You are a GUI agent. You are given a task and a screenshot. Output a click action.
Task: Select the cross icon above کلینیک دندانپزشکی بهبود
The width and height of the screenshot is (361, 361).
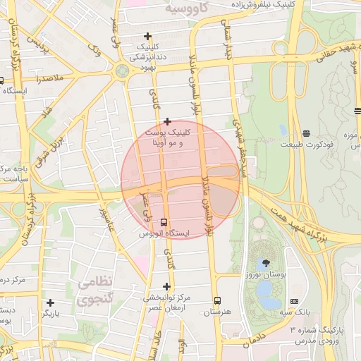pyautogui.click(x=147, y=36)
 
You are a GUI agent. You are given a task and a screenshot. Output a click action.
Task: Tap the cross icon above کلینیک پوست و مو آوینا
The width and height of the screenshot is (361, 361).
pyautogui.click(x=166, y=121)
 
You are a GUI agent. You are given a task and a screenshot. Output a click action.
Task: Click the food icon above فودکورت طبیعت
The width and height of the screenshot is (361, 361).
pyautogui.click(x=306, y=133)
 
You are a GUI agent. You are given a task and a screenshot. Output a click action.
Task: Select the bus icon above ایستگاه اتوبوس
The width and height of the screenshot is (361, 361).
pyautogui.click(x=164, y=222)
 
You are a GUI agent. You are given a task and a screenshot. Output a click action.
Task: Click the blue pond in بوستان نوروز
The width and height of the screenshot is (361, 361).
pyautogui.click(x=266, y=289)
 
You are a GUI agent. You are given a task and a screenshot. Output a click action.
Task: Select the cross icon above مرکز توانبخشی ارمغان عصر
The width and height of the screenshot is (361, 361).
pyautogui.click(x=166, y=286)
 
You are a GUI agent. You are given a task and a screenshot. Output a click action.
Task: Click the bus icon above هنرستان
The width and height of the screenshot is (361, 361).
pyautogui.click(x=217, y=300)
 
